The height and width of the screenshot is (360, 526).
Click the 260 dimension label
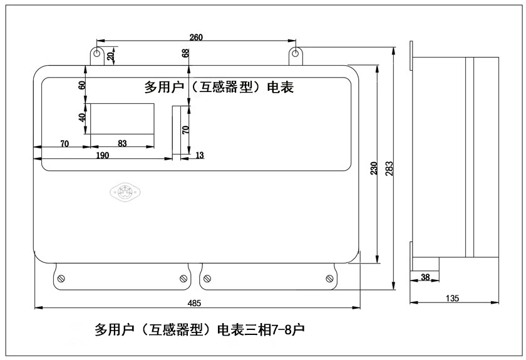point(196,37)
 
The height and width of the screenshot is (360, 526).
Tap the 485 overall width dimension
point(194,303)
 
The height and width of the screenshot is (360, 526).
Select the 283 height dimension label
point(389,168)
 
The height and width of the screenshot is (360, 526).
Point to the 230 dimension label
point(374,168)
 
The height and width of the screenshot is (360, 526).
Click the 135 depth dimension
point(452,298)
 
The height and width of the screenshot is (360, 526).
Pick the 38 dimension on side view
point(425,277)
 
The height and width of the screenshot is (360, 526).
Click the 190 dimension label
point(102,155)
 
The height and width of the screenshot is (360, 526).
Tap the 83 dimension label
point(122,143)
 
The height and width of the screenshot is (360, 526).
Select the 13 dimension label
point(200,155)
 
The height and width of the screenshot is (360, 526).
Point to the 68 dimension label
point(185,53)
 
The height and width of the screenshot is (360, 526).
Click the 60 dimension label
point(82,85)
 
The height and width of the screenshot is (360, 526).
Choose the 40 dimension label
point(82,118)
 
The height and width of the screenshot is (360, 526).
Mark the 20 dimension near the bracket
point(110,56)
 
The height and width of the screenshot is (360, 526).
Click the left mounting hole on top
point(97,53)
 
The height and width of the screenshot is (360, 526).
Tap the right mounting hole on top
point(295,53)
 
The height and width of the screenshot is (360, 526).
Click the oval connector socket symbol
point(125,192)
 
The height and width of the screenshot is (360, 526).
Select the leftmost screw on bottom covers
point(61,279)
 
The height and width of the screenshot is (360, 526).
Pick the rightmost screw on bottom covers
point(329,279)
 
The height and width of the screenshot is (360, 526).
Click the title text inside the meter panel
point(219,87)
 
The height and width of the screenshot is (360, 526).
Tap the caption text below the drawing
point(200,329)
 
